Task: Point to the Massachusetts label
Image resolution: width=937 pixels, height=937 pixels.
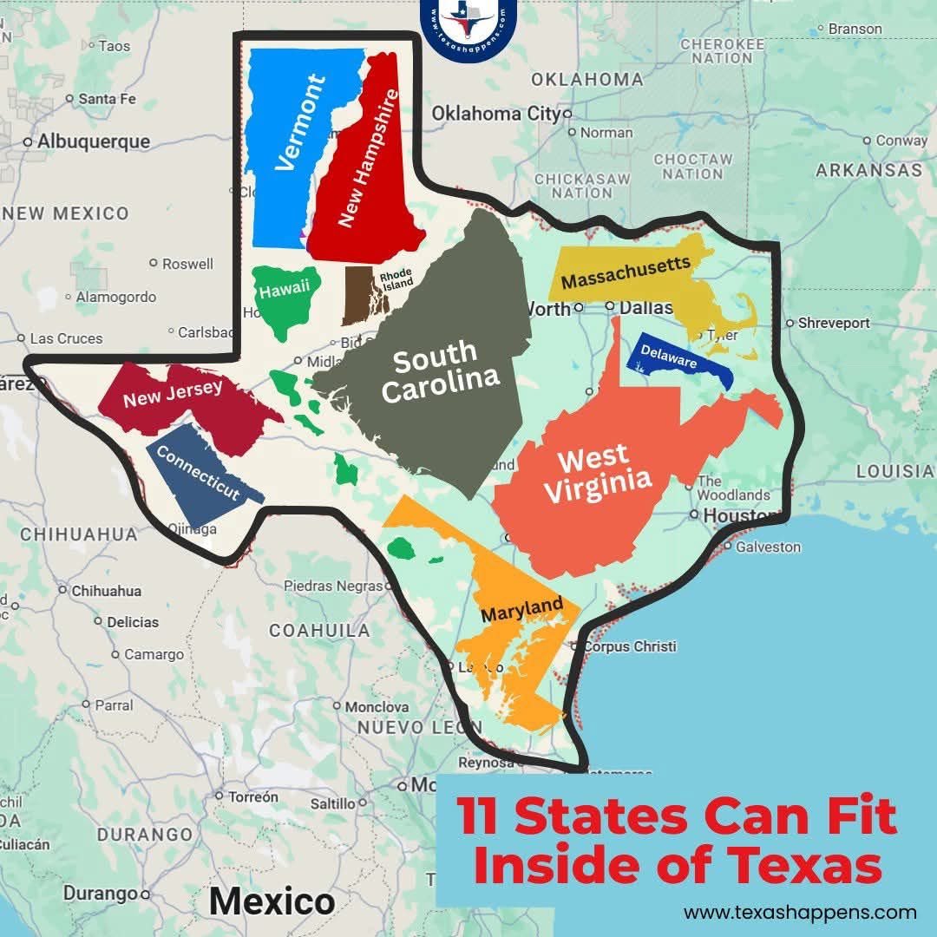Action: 625,272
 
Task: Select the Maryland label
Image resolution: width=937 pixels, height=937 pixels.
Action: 521,610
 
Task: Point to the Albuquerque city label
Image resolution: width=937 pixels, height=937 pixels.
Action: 93,141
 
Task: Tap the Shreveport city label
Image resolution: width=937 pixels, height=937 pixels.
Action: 834,323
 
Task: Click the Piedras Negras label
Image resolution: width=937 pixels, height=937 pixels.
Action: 332,586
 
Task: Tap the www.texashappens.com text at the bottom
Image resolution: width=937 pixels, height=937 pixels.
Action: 800,912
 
